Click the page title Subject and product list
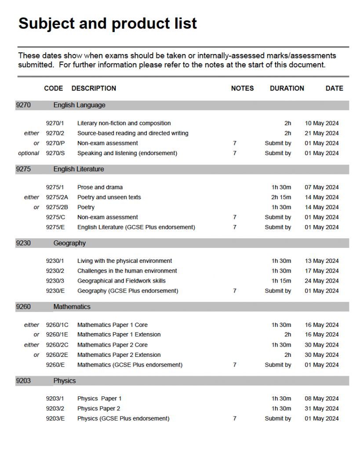(107, 23)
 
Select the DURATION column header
(287, 88)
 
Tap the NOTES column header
(242, 88)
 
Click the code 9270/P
(55, 143)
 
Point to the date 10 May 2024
(322, 123)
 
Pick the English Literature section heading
(79, 169)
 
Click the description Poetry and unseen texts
(109, 197)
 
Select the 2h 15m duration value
(281, 197)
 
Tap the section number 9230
(23, 243)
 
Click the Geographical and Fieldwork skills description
(121, 281)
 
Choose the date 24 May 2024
(322, 281)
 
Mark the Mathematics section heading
(72, 307)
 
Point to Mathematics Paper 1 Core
(113, 325)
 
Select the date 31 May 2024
(322, 409)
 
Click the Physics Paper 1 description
(99, 399)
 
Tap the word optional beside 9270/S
(29, 153)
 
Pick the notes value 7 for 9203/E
(235, 419)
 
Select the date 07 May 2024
(322, 187)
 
